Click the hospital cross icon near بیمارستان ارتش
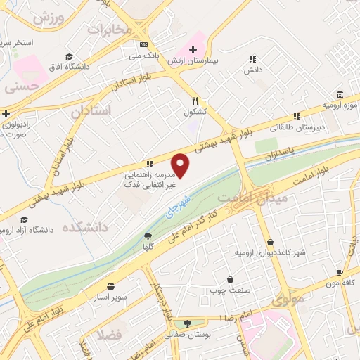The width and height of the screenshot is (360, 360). point(193,49)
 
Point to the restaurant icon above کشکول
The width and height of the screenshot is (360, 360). point(196,101)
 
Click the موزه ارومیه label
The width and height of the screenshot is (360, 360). point(340,105)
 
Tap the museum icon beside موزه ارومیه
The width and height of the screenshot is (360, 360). point(340,95)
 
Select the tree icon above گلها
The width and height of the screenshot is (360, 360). point(148,236)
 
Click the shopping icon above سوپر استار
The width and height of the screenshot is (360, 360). point(111,287)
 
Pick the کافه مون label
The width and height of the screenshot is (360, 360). point(337,282)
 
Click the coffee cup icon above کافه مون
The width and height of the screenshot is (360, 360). point(340,271)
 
